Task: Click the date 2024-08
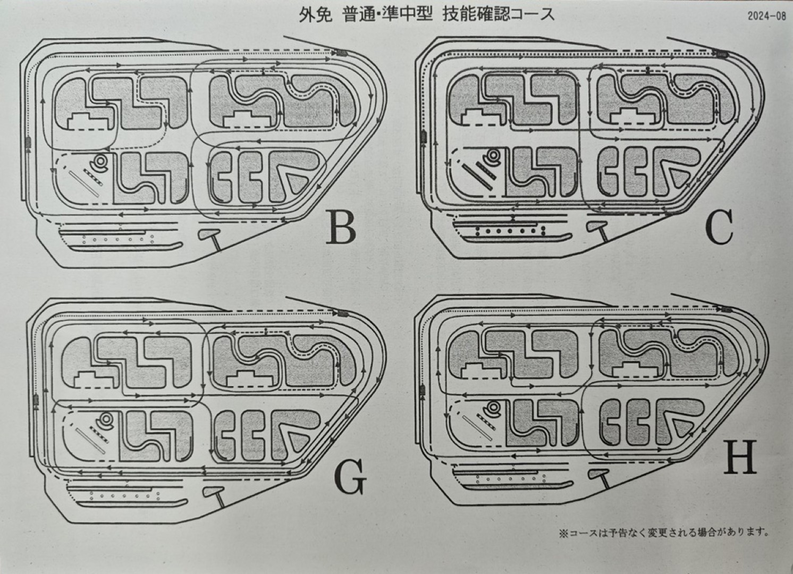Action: (766, 15)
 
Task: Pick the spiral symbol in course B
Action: (99, 162)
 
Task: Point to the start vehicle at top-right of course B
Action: (340, 53)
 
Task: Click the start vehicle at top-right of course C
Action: (720, 54)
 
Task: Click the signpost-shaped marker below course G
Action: (215, 495)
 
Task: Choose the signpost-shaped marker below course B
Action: (210, 235)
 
